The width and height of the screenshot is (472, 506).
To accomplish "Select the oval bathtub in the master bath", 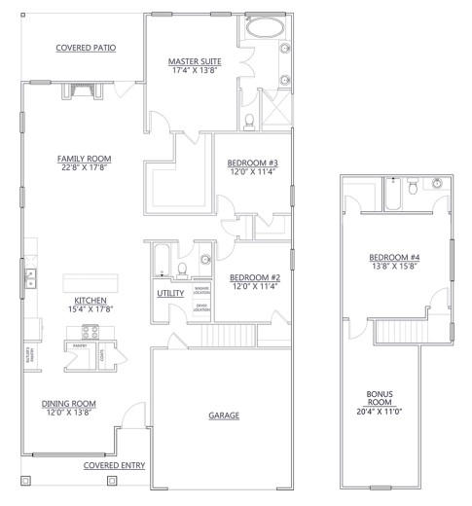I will pos(262,29).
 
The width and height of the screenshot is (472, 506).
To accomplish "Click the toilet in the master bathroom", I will pos(251,121).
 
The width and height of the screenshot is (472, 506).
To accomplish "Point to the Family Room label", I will pos(84,158).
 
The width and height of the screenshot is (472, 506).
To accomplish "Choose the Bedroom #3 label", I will pos(253,163).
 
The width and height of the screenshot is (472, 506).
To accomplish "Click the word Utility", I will pos(170,293).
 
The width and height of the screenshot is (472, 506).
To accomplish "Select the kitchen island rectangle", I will pos(89,281).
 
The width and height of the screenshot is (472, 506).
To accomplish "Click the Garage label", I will pos(224,416).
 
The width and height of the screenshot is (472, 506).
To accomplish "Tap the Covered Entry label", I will pos(115,466).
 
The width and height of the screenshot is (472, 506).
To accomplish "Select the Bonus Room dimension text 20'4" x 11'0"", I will pos(380,413).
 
